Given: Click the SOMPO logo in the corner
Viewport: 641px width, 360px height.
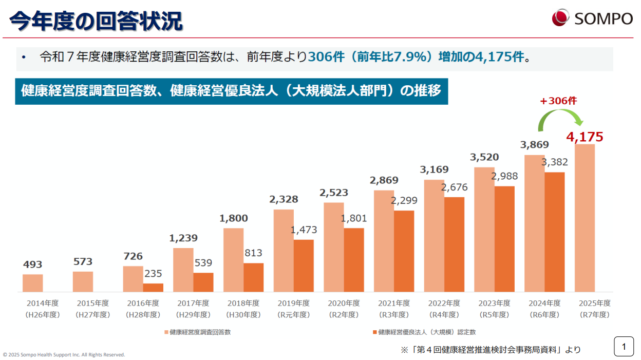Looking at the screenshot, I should point(592,18).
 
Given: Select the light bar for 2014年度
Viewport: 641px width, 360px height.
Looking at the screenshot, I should point(33,283).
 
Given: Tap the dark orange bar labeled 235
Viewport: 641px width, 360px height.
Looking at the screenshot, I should point(153,288).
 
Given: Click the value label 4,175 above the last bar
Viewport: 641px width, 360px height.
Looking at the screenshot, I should point(585,137).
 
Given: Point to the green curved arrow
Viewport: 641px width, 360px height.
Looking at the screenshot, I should point(560,119).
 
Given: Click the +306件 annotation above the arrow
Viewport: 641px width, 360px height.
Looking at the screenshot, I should point(558,101).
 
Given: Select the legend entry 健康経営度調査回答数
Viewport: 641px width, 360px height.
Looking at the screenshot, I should point(197,332).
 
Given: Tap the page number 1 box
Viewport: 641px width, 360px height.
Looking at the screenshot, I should point(624,347).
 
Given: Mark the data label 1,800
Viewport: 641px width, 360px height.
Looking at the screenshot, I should point(234,218).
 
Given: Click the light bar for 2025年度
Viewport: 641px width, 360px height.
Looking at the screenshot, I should point(585,218).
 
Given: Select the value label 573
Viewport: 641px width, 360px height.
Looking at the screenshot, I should point(83,261).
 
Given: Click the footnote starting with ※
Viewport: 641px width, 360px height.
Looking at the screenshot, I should point(491,350).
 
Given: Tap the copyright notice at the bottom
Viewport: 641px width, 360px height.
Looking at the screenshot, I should point(64,354).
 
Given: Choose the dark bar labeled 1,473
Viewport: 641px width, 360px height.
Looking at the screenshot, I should point(304,266).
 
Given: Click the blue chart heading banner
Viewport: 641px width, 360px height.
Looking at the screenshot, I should point(231,91).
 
